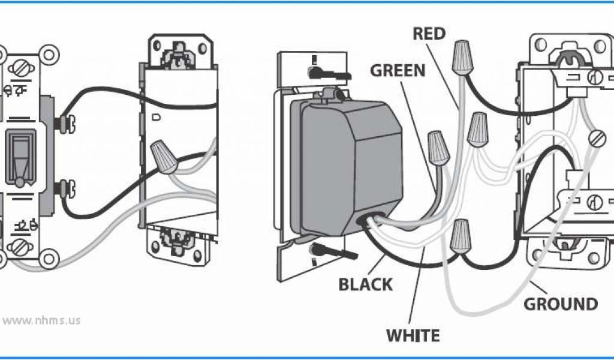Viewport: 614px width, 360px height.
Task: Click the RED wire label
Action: coord(429,34)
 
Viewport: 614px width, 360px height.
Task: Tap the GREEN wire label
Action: coord(398,70)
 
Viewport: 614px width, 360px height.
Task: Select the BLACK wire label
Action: coord(366,284)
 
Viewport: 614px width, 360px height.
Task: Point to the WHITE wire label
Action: coord(413,335)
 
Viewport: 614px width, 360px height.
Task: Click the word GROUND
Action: coord(561,304)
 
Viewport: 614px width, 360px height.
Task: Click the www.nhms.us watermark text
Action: coord(41,320)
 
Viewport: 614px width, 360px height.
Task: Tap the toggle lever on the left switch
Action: coord(19,157)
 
